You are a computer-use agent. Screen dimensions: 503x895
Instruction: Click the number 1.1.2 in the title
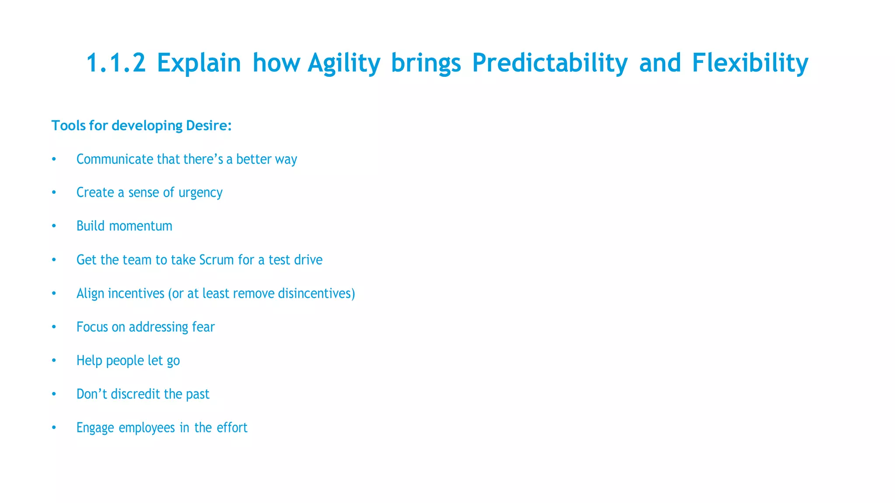116,62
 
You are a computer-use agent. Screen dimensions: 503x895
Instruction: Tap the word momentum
140,226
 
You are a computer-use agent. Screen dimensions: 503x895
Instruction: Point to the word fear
203,327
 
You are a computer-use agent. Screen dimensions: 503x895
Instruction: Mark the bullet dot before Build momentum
54,226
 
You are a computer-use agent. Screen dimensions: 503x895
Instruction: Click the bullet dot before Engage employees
54,428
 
